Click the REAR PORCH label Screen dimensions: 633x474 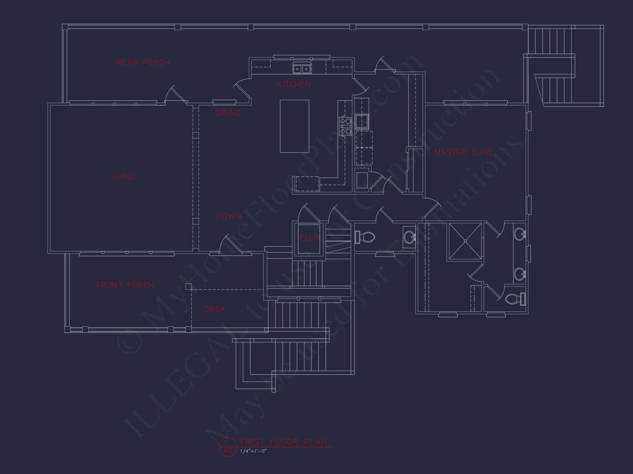click(x=143, y=63)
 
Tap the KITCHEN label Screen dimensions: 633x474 click(x=294, y=85)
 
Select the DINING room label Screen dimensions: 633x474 click(x=228, y=113)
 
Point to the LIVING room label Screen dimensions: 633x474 click(x=123, y=177)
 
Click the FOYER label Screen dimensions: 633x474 click(x=229, y=217)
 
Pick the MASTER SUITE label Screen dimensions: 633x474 click(x=464, y=153)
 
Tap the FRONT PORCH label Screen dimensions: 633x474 click(x=125, y=285)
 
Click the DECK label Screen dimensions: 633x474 click(x=215, y=309)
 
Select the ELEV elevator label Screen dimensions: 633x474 click(x=309, y=239)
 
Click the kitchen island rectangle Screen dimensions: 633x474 click(x=294, y=126)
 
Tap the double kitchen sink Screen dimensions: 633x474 click(x=302, y=69)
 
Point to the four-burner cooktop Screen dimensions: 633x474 click(x=345, y=126)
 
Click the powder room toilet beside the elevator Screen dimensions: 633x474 click(x=365, y=237)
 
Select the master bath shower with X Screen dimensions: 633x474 click(x=465, y=241)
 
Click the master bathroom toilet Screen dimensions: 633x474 click(x=515, y=299)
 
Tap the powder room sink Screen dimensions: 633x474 click(x=409, y=236)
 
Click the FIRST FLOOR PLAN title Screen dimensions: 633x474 click(x=284, y=441)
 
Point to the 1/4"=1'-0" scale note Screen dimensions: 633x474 click(x=253, y=451)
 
